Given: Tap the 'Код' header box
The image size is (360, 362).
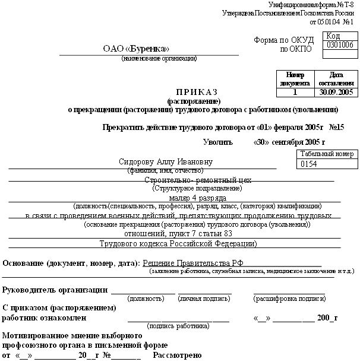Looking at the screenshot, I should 333,36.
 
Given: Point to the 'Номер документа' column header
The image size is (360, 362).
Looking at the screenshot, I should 295,79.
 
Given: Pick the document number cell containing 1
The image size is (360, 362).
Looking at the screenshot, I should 295,92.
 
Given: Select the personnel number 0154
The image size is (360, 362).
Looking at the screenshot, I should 310,163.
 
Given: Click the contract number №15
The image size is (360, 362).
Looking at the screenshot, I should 336,127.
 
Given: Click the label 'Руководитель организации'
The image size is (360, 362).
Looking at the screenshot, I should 55,290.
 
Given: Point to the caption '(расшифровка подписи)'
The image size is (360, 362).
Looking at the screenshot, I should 289,299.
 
